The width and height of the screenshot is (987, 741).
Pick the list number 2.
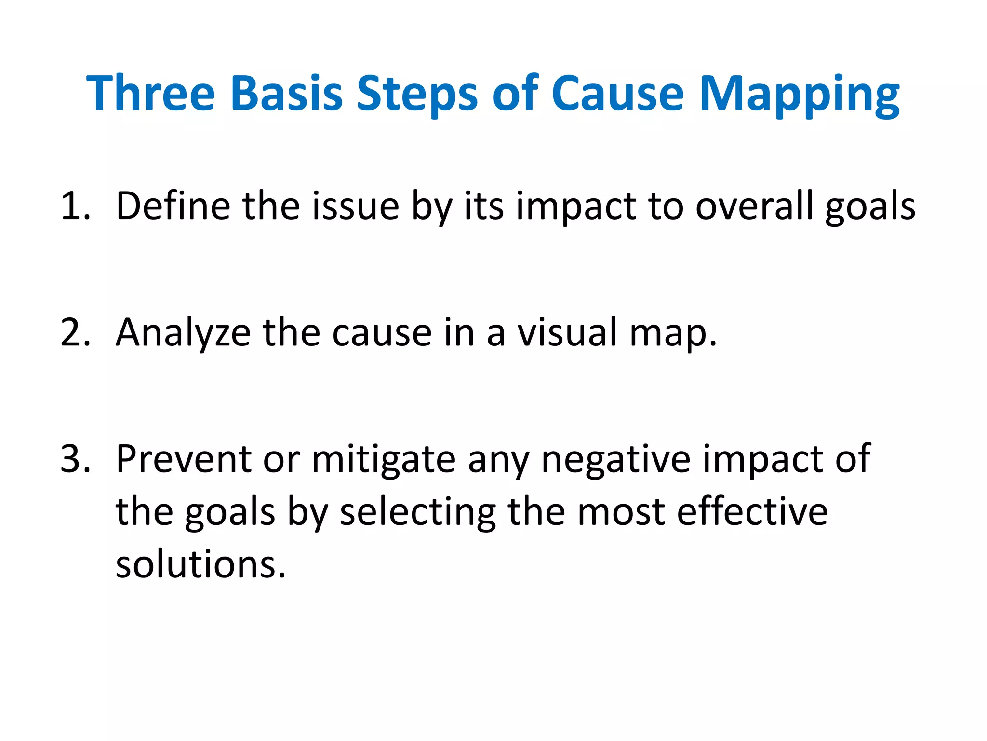[75, 332]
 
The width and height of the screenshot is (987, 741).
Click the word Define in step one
[173, 206]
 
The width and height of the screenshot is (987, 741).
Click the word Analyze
[183, 332]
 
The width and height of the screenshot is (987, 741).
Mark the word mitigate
[384, 459]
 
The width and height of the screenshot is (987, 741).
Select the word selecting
[417, 512]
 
